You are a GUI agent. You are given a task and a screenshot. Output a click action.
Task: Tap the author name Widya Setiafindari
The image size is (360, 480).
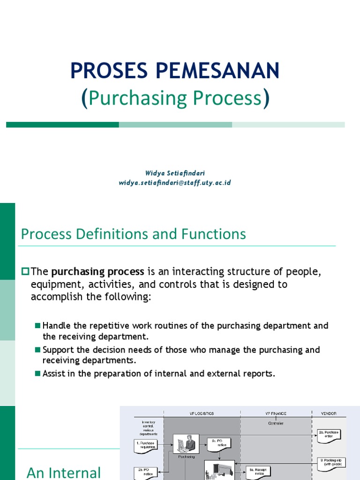(x=175, y=173)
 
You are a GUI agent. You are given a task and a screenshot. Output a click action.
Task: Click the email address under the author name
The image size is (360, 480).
(x=175, y=183)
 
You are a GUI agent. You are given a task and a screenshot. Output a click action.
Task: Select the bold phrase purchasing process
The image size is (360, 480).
(x=97, y=272)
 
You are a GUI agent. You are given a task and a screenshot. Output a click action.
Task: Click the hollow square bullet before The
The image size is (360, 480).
(x=25, y=271)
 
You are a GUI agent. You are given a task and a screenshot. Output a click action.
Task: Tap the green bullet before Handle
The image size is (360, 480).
(x=38, y=326)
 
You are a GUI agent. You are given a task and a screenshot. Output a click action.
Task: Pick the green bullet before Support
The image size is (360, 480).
(x=38, y=350)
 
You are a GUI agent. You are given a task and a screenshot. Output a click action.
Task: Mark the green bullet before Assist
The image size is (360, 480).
(x=38, y=374)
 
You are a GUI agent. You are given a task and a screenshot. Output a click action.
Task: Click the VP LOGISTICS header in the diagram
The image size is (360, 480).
(x=202, y=413)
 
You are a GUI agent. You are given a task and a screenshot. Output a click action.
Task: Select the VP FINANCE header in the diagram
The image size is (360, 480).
(x=276, y=413)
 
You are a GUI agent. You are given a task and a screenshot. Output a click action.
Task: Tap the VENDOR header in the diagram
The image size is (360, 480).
(x=328, y=413)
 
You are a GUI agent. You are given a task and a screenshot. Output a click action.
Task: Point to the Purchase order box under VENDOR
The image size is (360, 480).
(x=329, y=435)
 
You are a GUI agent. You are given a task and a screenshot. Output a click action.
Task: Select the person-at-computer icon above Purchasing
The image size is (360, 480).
(x=186, y=443)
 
